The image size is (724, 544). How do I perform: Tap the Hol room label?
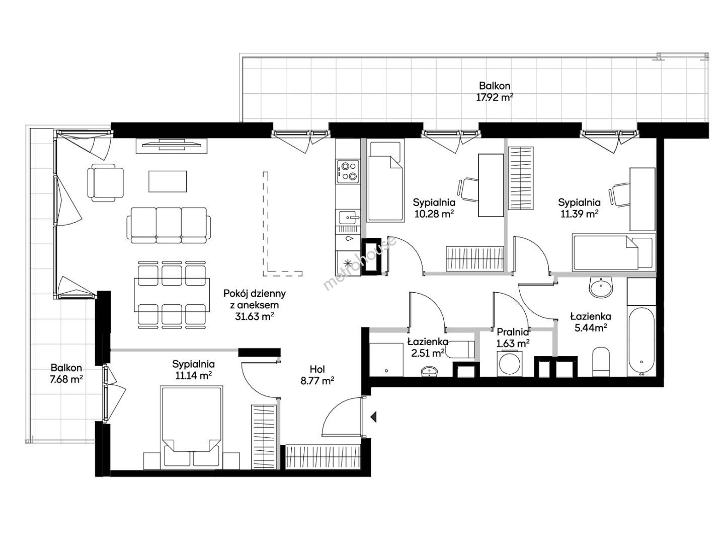[x=317, y=369]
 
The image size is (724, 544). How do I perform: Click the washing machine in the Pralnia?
[x=510, y=364]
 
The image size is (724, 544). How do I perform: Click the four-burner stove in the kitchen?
[x=348, y=172]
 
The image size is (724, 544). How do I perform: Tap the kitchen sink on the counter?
[x=348, y=218]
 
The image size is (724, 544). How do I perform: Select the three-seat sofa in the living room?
[x=169, y=225]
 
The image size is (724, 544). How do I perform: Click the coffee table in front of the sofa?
[x=168, y=181]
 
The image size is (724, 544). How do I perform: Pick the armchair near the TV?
[x=106, y=182]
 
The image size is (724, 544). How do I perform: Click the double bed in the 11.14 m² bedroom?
[x=191, y=428]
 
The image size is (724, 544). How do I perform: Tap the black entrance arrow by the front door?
[x=373, y=417]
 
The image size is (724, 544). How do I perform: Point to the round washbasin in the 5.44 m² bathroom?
[x=601, y=287]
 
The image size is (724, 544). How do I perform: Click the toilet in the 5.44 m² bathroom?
[x=600, y=362]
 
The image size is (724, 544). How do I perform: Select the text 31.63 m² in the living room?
[x=254, y=316]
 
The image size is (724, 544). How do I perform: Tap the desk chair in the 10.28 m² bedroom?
[x=468, y=189]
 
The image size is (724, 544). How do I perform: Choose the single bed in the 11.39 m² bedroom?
[x=613, y=252]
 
